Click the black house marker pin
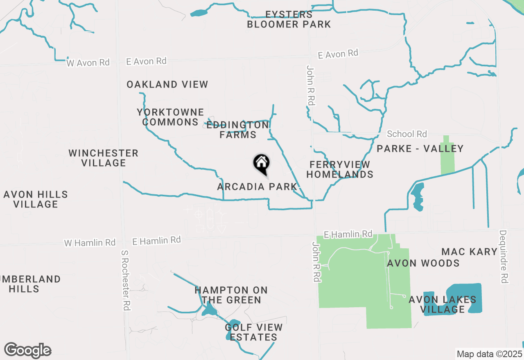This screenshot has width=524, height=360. coord(261,163)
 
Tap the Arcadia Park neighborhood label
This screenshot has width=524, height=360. coord(257,187)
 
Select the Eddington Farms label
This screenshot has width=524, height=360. coord(237,130)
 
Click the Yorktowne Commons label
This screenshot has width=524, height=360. coord(170,117)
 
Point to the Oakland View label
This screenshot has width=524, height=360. coord(167,85)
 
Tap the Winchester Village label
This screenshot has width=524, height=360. coord(103,158)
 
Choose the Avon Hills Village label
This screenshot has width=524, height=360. coord(36,199)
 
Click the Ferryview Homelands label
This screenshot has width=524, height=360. coord(340,169)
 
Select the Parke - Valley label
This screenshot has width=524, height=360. coord(420,148)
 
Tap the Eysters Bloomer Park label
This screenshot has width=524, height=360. coord(289,20)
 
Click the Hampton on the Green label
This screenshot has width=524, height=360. coord(231,295)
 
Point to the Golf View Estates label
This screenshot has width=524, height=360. coord(253,332)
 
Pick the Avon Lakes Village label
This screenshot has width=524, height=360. coord(443,305)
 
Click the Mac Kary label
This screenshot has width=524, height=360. coord(469,252)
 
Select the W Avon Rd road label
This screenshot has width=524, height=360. coord(88,63)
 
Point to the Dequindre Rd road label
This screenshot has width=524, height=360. coord(503,256)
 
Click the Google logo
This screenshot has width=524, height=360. coord(28,351)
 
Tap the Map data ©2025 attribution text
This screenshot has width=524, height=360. coord(489,353)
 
